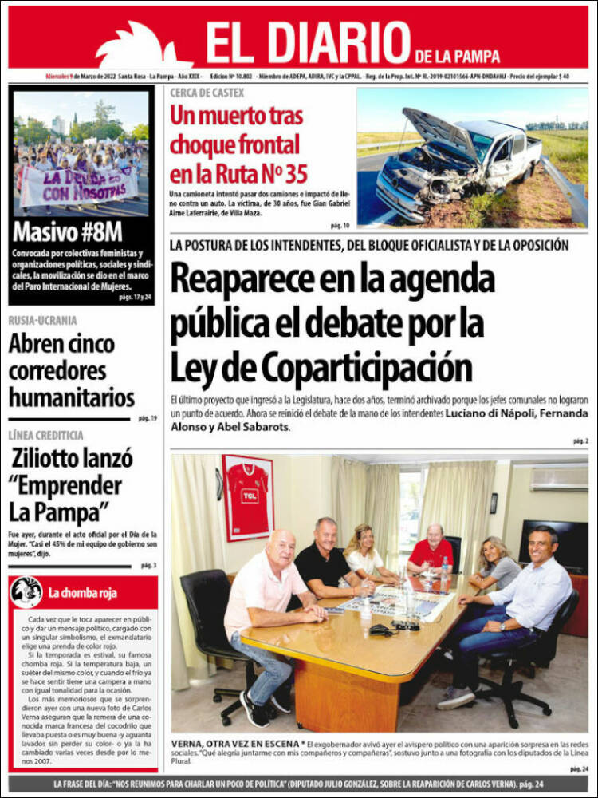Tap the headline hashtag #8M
96,232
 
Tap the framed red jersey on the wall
248,497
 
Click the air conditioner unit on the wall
559,479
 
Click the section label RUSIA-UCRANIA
43,321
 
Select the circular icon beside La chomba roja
26,592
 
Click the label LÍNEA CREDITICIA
46,435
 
